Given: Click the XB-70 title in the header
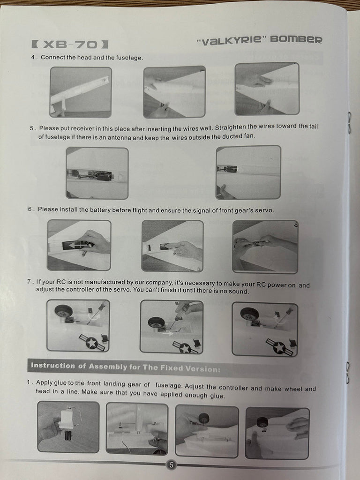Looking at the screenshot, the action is pyautogui.click(x=70, y=45).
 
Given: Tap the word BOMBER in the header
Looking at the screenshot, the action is pyautogui.click(x=296, y=39).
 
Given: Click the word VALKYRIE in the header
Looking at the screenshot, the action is pyautogui.click(x=232, y=40).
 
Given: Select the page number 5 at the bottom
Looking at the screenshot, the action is pyautogui.click(x=171, y=465).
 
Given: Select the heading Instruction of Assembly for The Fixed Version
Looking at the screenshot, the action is pyautogui.click(x=126, y=367).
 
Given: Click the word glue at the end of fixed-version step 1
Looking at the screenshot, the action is pyautogui.click(x=217, y=396).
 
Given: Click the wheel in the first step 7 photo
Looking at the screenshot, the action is pyautogui.click(x=64, y=311).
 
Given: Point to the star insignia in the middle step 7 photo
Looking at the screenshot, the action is pyautogui.click(x=185, y=348).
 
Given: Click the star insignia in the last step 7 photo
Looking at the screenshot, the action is pyautogui.click(x=279, y=347).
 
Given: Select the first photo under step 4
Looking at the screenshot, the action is pyautogui.click(x=81, y=92).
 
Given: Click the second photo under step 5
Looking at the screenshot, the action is pyautogui.click(x=248, y=172).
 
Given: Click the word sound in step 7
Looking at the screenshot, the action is pyautogui.click(x=239, y=292).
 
